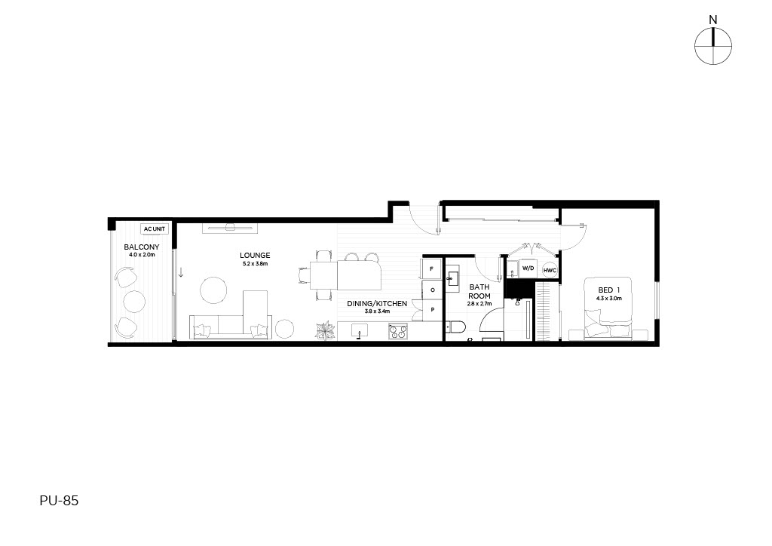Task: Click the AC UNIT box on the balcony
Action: (155, 229)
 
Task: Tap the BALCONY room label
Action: (142, 247)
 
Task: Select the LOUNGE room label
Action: (255, 256)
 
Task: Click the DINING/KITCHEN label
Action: (377, 304)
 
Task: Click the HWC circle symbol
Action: (550, 270)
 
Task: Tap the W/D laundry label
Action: (528, 268)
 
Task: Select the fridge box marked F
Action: (432, 268)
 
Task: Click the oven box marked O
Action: (432, 290)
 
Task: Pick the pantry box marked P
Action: (432, 310)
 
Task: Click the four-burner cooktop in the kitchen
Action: (398, 331)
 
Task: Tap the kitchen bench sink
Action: (360, 332)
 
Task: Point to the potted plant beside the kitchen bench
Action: (326, 330)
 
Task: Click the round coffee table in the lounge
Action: (213, 290)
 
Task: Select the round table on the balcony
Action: (134, 302)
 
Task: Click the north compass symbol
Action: (713, 46)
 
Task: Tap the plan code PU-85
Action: (59, 501)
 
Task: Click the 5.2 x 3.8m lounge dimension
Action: (255, 264)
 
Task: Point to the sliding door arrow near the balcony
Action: (181, 271)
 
